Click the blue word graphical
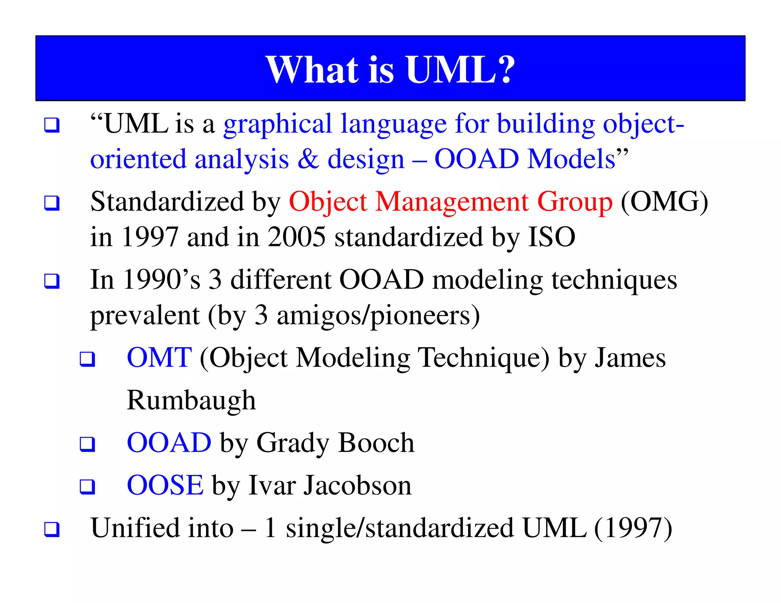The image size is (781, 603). tap(278, 125)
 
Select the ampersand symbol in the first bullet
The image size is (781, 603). tap(308, 159)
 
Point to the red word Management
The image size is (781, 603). tap(452, 202)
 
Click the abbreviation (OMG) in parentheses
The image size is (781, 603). tap(664, 202)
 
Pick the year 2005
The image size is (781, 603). tap(297, 237)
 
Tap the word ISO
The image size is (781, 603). tap(551, 237)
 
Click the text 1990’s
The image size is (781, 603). tap(162, 280)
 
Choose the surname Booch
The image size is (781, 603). tap(376, 443)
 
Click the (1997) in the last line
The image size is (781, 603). tap(633, 528)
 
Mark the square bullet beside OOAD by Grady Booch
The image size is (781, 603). tap(87, 444)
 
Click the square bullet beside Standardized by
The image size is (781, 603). tap(52, 203)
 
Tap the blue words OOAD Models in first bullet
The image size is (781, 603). tap(525, 159)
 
